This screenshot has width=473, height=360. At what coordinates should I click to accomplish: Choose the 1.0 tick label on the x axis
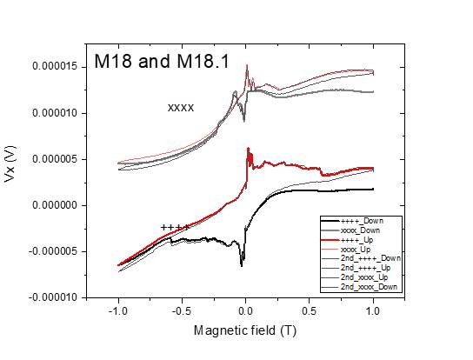[373, 310]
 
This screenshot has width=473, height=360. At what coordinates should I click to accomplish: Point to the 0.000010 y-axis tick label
[57, 113]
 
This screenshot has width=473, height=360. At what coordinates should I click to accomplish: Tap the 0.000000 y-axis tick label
[57, 205]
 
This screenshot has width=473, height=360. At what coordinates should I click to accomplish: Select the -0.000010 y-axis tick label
[56, 297]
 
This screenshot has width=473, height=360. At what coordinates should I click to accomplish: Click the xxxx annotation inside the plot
[180, 108]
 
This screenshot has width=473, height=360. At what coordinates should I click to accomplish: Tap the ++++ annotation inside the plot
[175, 227]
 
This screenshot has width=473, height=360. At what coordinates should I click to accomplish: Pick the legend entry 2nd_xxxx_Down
[369, 286]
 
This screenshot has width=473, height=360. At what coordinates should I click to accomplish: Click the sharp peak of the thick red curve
[248, 149]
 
